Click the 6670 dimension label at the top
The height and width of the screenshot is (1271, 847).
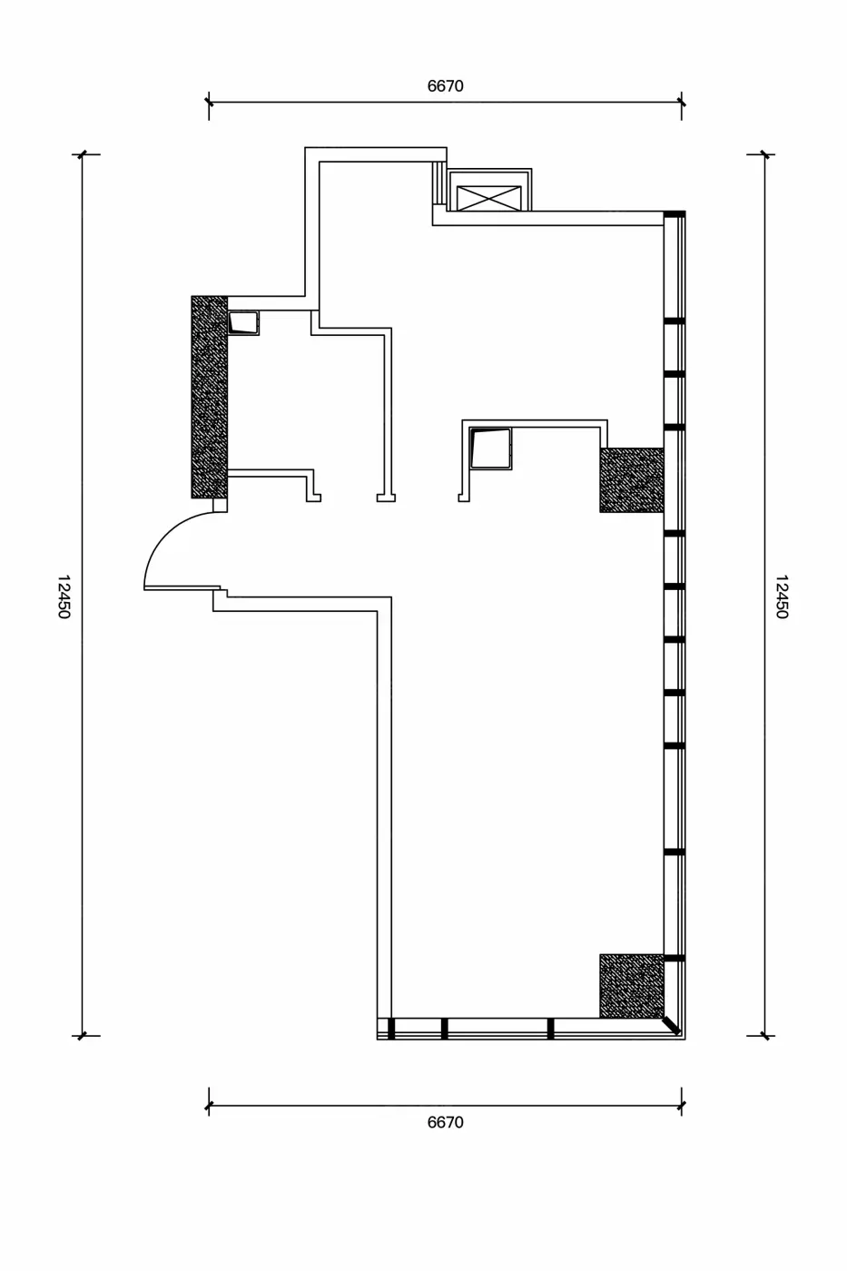tap(446, 86)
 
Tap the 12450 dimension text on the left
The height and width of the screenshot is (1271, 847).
tap(64, 596)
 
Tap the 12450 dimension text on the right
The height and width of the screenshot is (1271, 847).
tap(783, 596)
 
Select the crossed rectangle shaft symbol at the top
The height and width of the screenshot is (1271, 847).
tap(488, 198)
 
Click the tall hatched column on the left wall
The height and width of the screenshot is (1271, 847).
tap(210, 397)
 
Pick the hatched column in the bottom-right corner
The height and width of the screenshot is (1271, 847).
tap(632, 986)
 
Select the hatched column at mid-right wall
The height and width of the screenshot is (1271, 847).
tap(632, 480)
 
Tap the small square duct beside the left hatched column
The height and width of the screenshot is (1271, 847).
tap(243, 322)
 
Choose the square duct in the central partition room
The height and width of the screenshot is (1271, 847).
tap(491, 448)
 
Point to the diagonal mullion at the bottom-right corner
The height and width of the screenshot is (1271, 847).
tap(671, 1026)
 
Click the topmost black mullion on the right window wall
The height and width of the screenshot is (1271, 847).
tap(675, 214)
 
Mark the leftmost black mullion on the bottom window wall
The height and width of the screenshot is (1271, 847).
tap(391, 1029)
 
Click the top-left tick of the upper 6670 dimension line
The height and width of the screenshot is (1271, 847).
tap(209, 103)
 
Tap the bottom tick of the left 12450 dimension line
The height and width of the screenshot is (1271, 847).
tap(83, 1036)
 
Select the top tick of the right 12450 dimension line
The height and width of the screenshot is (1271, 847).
tap(764, 153)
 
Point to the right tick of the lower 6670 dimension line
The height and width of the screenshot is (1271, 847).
tap(682, 1106)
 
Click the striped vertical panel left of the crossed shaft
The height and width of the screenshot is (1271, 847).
tap(439, 182)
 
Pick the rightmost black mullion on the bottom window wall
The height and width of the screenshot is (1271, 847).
tap(550, 1029)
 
